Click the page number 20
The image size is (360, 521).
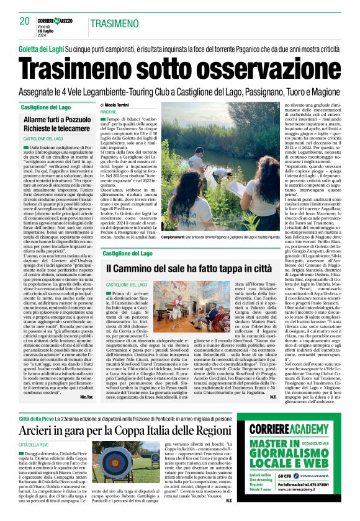[24, 21]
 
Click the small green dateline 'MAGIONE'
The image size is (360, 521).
[109, 112]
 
